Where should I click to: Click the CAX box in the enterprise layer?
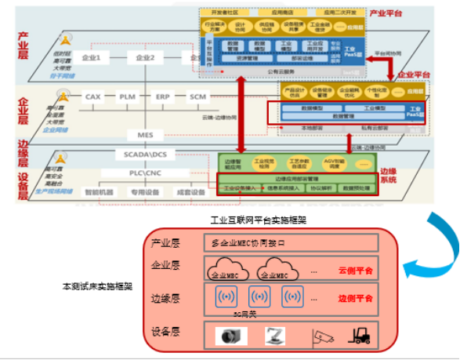92,96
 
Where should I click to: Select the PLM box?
127,96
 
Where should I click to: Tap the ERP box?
162,96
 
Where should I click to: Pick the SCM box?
197,96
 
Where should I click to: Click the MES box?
146,135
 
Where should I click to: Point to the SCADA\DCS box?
146,155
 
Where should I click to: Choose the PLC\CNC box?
146,173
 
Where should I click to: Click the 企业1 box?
92,57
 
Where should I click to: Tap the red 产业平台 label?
387,13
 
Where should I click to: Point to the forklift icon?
360,336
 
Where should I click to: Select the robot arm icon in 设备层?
274,336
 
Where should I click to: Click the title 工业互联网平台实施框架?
259,220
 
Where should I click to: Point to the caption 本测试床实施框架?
97,287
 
